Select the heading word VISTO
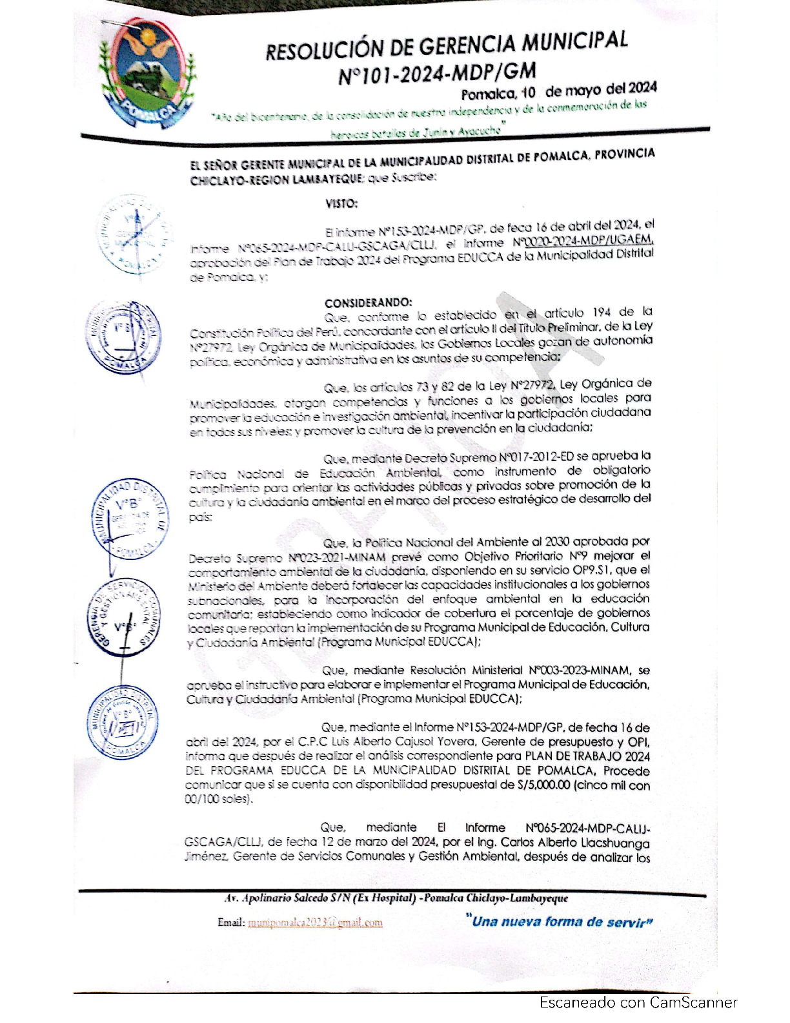pyautogui.click(x=341, y=204)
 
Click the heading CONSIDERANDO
pyautogui.click(x=367, y=303)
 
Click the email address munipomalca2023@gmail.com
pyautogui.click(x=314, y=922)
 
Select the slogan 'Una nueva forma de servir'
pyautogui.click(x=559, y=922)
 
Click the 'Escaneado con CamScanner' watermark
pyautogui.click(x=638, y=1002)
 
